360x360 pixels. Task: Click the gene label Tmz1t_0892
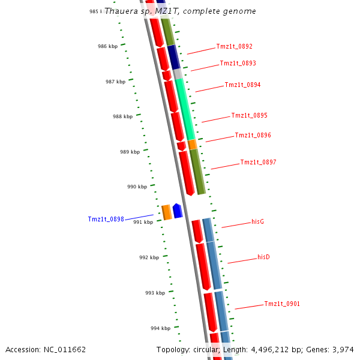click(234, 47)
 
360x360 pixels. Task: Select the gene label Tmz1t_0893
click(238, 64)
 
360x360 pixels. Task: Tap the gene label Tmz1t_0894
click(242, 85)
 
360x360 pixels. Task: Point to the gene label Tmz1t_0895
click(249, 116)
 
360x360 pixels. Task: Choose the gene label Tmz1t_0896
click(253, 136)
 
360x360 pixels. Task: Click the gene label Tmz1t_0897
click(258, 163)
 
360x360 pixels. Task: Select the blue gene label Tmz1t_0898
click(106, 220)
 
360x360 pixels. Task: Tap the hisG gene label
click(258, 222)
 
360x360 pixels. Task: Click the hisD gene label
click(263, 257)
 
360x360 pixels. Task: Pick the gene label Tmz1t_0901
click(282, 304)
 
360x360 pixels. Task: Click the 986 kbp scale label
click(108, 46)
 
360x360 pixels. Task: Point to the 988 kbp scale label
click(122, 117)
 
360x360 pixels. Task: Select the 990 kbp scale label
click(137, 187)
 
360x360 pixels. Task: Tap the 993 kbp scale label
click(155, 293)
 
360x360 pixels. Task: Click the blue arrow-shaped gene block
click(178, 211)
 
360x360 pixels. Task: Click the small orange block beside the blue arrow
click(167, 212)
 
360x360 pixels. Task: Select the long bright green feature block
click(185, 108)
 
